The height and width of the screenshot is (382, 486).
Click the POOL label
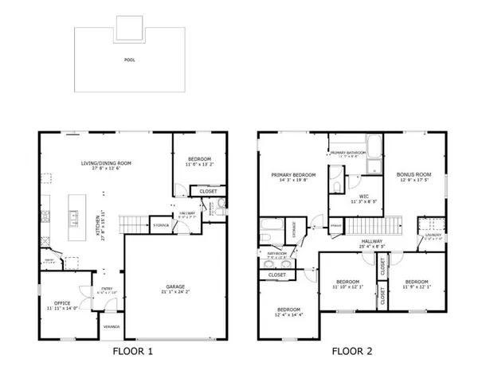(x=129, y=60)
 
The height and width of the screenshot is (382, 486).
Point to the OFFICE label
(x=62, y=303)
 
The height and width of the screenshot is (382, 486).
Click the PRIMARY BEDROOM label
(x=293, y=175)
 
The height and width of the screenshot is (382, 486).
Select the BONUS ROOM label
(x=413, y=173)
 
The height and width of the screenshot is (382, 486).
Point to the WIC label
(x=363, y=195)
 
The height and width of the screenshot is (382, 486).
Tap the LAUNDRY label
(x=433, y=235)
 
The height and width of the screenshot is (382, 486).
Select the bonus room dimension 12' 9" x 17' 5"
(x=413, y=180)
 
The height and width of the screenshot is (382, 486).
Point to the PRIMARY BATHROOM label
(x=348, y=152)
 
